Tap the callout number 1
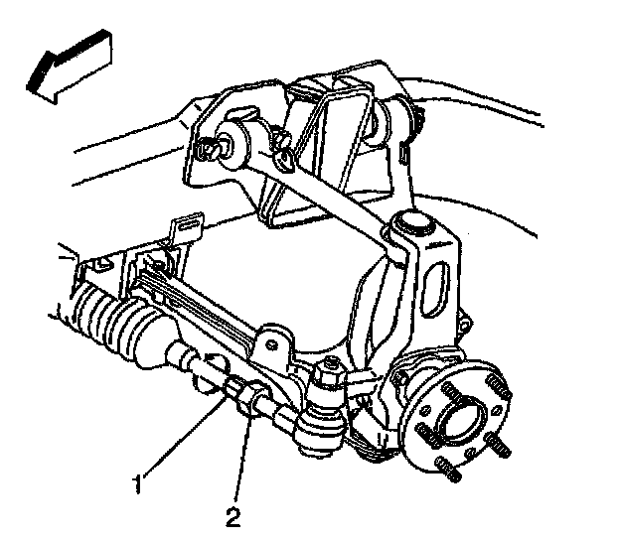pos(137,484)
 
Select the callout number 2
pos(233,517)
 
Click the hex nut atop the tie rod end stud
pos(330,372)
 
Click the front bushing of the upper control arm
pos(233,142)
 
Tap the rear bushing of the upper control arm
pos(381,122)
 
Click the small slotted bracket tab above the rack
pos(187,230)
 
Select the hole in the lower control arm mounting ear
pos(271,344)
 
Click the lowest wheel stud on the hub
pos(447,470)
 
